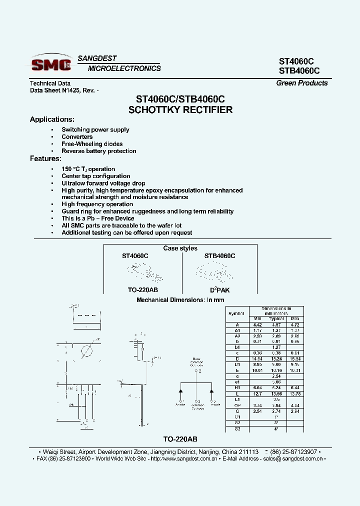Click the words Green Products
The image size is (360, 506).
tap(302, 83)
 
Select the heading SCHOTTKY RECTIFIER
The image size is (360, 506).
tap(180, 110)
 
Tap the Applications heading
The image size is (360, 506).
tap(52, 119)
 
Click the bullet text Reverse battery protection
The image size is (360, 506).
tap(98, 151)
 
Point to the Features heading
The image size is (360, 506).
tap(45, 158)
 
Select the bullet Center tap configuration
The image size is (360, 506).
tap(95, 176)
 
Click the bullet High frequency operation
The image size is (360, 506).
tap(97, 204)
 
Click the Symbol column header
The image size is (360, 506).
tap(236, 313)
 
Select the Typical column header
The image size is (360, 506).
tap(276, 318)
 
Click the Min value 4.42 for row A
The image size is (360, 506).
tap(257, 324)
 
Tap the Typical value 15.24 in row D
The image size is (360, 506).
tap(276, 359)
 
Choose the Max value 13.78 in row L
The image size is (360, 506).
tap(295, 394)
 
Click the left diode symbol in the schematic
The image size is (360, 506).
tap(180, 390)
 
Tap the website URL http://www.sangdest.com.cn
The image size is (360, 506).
tap(183, 458)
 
